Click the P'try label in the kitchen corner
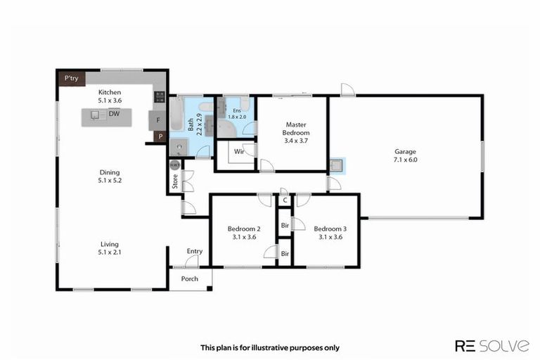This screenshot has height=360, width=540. coord(70,78)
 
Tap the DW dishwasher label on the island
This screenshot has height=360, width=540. coord(114,113)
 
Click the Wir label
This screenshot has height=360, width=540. coord(238,150)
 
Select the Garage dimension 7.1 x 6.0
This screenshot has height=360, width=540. coord(405,160)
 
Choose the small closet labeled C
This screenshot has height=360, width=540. coord(285,200)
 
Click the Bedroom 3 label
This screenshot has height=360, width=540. coord(330,229)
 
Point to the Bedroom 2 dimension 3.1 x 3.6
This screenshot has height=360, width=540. coord(244,238)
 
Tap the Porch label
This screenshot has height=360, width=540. coord(190,278)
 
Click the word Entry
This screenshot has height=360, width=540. coord(194,251)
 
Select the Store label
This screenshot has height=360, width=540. coord(174,181)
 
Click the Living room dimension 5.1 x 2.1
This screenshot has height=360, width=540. coord(110,253)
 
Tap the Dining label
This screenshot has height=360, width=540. coord(110,172)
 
